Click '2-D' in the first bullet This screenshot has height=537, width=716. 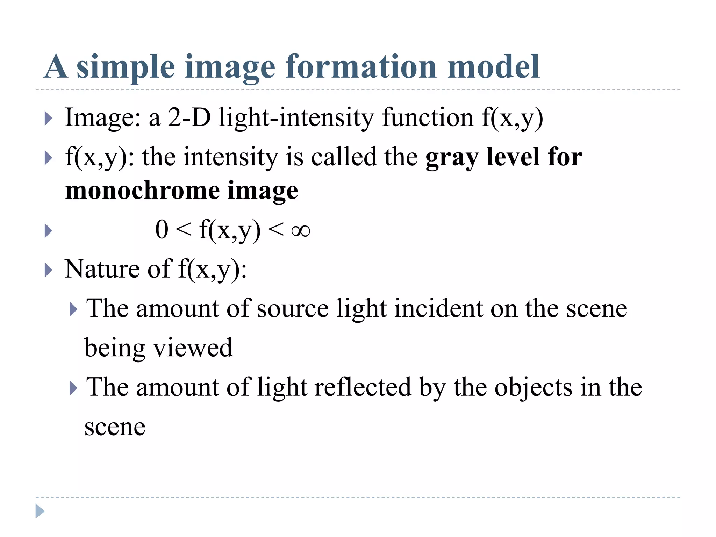coord(189,117)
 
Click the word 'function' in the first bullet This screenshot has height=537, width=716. coord(428,117)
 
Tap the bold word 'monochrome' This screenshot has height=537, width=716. coord(142,191)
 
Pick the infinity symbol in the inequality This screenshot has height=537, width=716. coord(301,231)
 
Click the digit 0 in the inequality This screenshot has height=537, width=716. coord(162,230)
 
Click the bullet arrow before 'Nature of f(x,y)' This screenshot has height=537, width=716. coord(49,270)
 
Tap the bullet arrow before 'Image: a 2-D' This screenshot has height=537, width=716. coord(49,119)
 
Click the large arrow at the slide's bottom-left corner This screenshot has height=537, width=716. coord(40,511)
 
